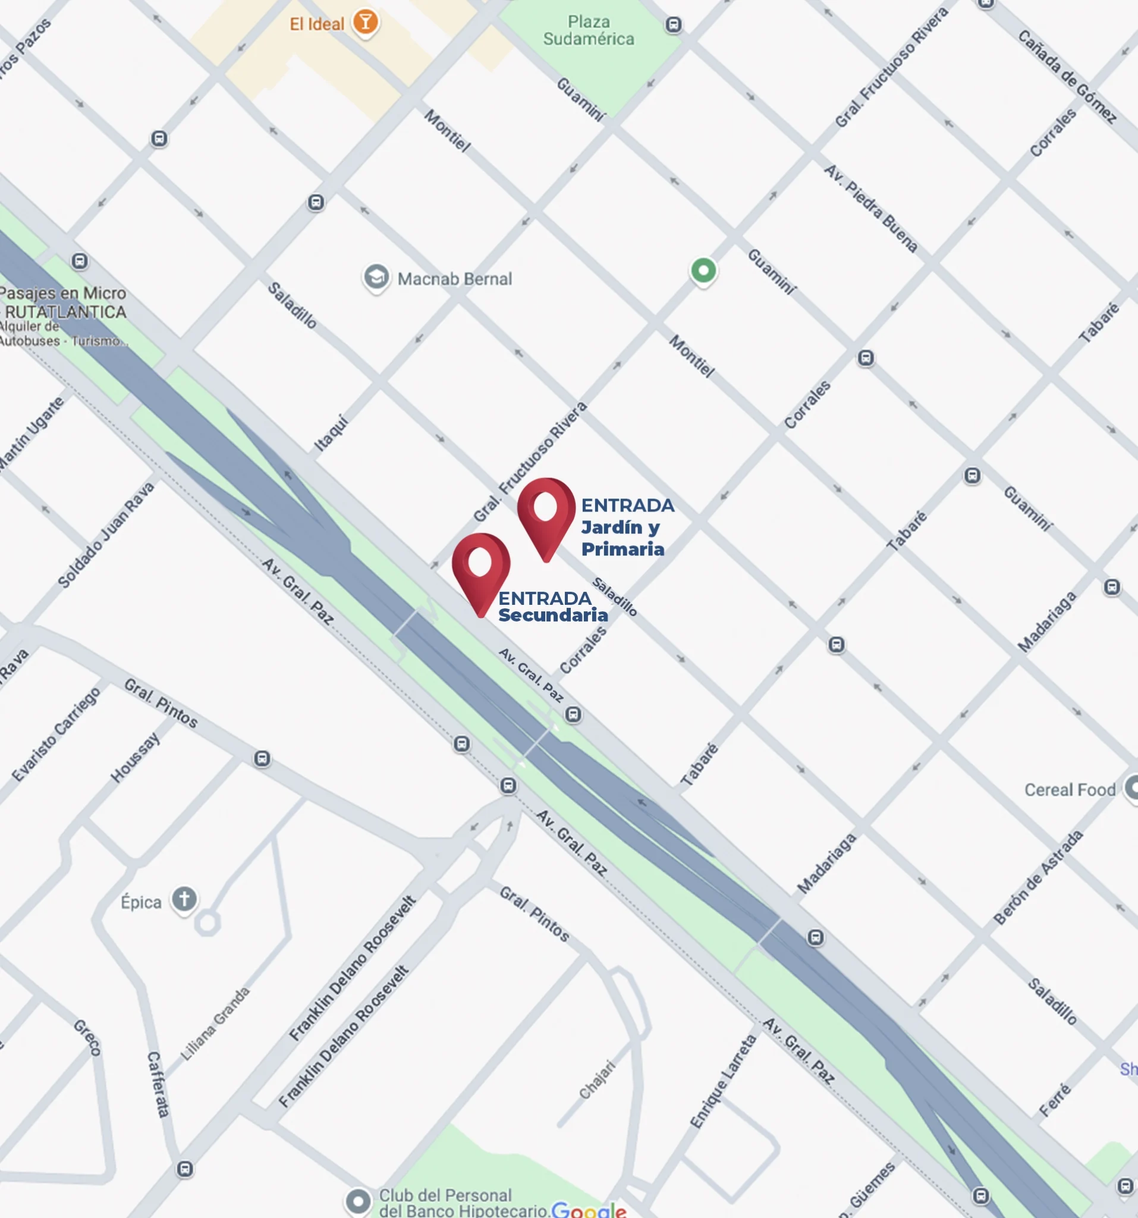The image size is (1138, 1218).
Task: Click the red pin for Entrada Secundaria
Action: point(481,567)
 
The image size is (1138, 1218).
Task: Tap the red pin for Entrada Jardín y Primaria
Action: point(546,511)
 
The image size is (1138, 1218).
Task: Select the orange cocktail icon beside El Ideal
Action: point(366,22)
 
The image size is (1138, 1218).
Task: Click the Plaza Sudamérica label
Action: point(588,31)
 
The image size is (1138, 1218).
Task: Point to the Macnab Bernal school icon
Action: point(376,278)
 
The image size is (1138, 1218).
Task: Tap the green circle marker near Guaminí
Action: point(703,270)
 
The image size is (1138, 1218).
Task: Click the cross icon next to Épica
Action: point(184,899)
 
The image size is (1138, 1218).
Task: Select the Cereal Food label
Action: point(1070,790)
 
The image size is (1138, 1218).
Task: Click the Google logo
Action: point(589,1210)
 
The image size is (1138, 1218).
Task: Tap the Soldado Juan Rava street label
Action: point(106,534)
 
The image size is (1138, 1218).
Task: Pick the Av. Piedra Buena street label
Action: point(870,208)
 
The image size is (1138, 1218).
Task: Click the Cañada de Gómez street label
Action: point(1067,76)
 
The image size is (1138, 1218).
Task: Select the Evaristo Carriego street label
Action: point(56,734)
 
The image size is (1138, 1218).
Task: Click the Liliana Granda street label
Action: point(216,1023)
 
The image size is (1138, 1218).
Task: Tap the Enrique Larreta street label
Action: point(724,1081)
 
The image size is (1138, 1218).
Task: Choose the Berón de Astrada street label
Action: point(1038,877)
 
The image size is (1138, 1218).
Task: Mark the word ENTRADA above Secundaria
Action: point(545,598)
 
